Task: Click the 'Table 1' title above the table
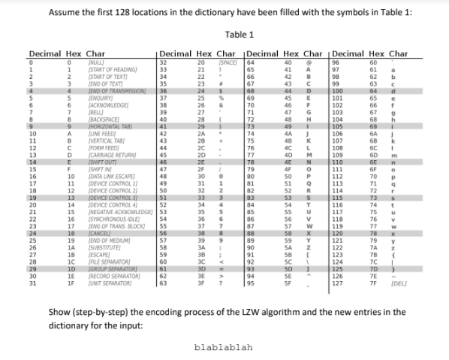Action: [x=240, y=35]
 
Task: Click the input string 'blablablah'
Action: [x=223, y=348]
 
